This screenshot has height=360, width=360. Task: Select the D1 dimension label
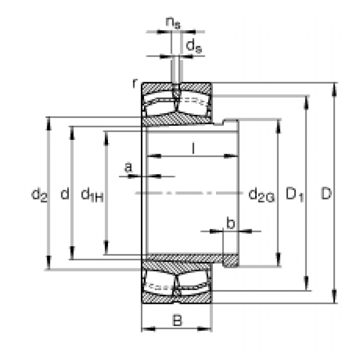(x=295, y=195)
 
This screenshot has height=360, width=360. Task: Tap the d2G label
(x=262, y=195)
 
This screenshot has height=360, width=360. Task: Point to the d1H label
(x=92, y=195)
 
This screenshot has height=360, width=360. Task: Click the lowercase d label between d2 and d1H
(x=65, y=194)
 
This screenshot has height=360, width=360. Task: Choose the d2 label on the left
(x=39, y=195)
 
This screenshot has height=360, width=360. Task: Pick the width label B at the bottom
(x=177, y=320)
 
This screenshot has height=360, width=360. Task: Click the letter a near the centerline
(x=128, y=168)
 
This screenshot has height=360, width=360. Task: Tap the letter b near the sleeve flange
(x=230, y=223)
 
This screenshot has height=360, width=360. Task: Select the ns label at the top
(x=172, y=22)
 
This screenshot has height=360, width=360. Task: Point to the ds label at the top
(x=193, y=47)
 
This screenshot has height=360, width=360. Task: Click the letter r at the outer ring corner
(x=136, y=83)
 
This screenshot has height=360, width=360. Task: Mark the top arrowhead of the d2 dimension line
(x=49, y=121)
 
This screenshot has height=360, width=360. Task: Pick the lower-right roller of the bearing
(x=195, y=286)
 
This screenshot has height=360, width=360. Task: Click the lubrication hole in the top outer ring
(x=176, y=87)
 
